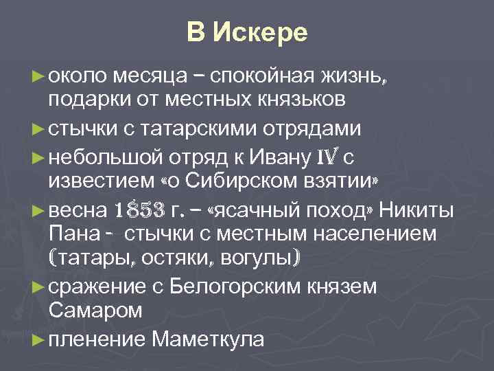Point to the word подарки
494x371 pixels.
pos(89,100)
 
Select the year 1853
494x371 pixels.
pos(139,209)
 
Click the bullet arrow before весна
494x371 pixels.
pos(39,210)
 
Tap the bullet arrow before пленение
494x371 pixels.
pos(39,339)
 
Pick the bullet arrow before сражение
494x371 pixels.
pos(39,286)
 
